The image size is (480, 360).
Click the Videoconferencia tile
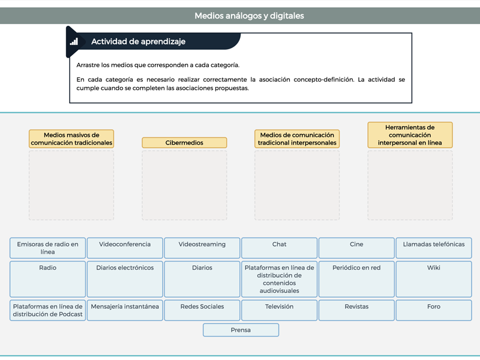tap(125, 248)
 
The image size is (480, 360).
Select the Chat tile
tap(279, 248)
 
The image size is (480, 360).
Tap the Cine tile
tap(356, 248)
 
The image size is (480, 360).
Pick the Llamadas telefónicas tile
tap(434, 248)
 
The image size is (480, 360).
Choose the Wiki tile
tap(434, 279)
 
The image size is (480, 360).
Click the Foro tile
tap(434, 310)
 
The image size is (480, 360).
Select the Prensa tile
tap(241, 330)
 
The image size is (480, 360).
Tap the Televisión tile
tap(279, 310)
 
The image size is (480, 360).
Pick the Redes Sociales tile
tap(202, 310)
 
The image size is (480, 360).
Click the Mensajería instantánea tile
tap(125, 310)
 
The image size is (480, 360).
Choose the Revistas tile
tap(356, 310)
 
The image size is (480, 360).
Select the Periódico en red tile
tap(356, 279)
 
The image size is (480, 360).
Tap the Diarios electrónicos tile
tap(125, 279)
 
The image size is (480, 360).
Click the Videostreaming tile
tap(202, 248)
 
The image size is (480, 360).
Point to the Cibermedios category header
tap(184, 143)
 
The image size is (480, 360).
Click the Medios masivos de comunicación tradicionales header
tap(71, 139)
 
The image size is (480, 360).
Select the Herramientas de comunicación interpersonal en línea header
tap(410, 135)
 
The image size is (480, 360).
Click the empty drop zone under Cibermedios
tap(184, 185)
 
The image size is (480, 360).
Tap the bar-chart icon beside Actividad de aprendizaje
tap(74, 41)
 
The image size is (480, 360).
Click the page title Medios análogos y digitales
tap(249, 16)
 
